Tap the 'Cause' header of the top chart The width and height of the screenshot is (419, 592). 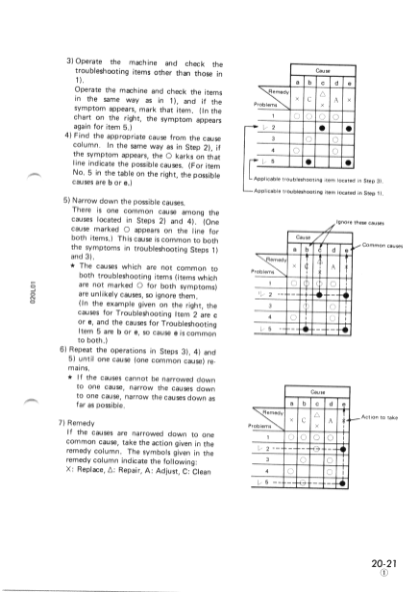tap(322, 70)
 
